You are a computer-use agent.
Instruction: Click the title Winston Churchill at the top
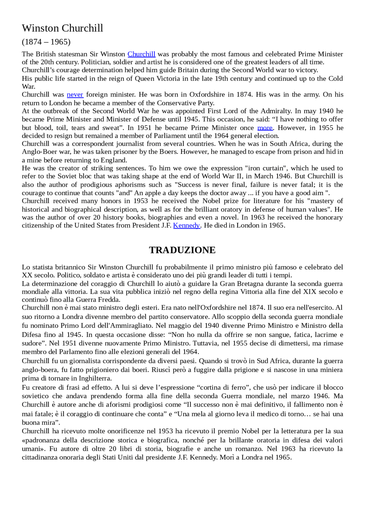click(62, 28)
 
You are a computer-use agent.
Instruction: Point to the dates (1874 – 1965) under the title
click(46, 42)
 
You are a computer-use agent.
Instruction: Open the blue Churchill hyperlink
click(141, 54)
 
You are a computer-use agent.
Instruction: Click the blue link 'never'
click(75, 95)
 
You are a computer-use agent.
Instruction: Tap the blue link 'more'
click(265, 128)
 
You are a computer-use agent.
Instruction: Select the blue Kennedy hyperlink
click(186, 226)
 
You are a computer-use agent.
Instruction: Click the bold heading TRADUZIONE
click(182, 250)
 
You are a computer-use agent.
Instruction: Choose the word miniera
click(332, 370)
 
